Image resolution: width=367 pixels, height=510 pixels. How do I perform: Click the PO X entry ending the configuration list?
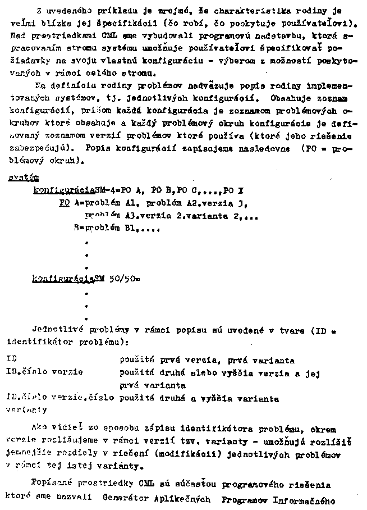point(232,190)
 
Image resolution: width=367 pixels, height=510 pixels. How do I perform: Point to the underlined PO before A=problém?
point(64,203)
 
